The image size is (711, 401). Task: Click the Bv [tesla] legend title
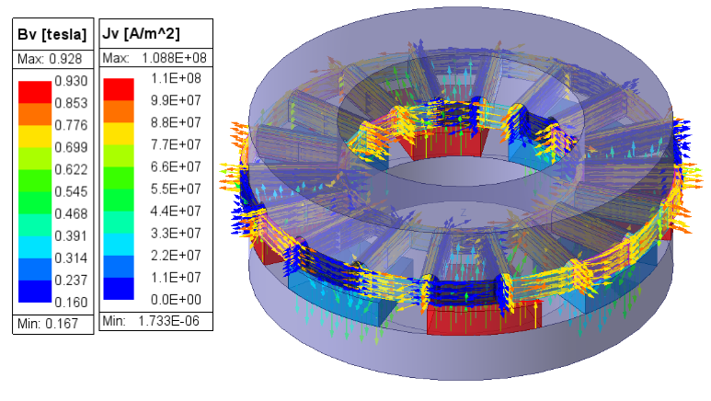pyautogui.click(x=52, y=35)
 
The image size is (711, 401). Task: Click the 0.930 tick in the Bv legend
pyautogui.click(x=71, y=81)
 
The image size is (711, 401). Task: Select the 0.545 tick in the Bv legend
pyautogui.click(x=71, y=191)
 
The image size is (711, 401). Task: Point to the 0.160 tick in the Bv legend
pyautogui.click(x=71, y=302)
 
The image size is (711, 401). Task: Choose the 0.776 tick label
pyautogui.click(x=71, y=125)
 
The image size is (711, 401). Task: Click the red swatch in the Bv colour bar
pyautogui.click(x=34, y=91)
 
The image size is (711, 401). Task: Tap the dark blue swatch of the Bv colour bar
pyautogui.click(x=34, y=291)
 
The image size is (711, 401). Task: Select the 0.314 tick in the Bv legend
pyautogui.click(x=71, y=258)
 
